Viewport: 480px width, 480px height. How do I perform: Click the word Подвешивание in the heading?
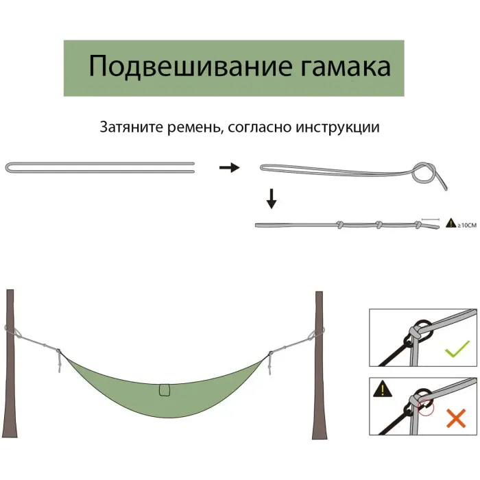coord(190,67)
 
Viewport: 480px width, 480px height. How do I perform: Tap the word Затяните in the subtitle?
coord(132,127)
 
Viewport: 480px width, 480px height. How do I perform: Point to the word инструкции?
coord(337,128)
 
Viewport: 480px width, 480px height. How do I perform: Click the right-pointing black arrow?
coord(230,167)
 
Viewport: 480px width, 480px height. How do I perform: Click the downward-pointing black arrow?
coord(272,199)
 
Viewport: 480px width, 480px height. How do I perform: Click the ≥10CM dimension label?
coord(467,226)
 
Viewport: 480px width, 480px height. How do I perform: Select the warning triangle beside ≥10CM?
coord(451,223)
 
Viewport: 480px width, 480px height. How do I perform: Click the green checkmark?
coord(457,349)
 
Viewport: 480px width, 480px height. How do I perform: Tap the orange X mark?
coord(456,418)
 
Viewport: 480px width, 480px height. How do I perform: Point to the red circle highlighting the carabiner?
coord(426,408)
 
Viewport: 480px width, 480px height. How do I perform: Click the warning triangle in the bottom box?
coord(383,389)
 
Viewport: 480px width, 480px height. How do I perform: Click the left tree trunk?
coord(10,363)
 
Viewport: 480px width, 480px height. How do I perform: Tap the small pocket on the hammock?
coord(165,389)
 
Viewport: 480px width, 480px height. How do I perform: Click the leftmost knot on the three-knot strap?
coord(339,225)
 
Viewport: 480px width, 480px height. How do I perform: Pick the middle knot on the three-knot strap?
coord(379,225)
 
